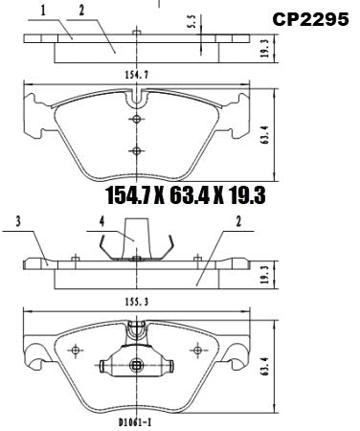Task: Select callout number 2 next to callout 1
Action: click(82, 10)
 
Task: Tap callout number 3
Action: click(17, 224)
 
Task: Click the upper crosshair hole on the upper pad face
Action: click(138, 119)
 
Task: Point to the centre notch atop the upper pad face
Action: click(140, 96)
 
